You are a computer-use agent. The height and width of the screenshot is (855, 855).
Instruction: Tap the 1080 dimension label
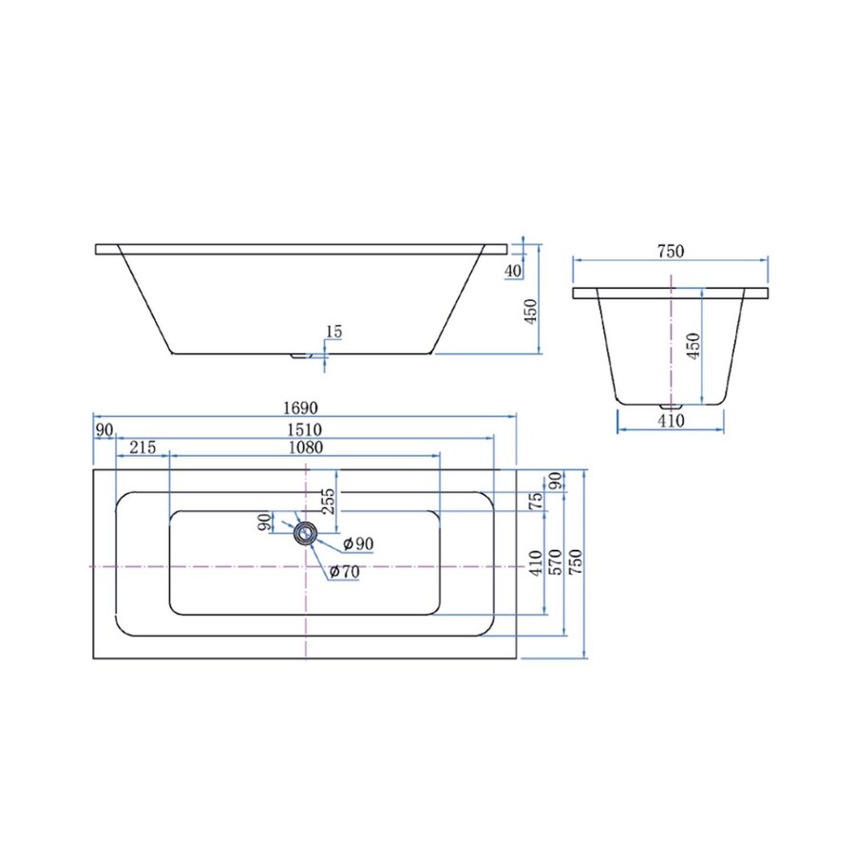pyautogui.click(x=305, y=447)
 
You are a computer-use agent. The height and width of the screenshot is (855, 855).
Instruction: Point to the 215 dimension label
pyautogui.click(x=142, y=447)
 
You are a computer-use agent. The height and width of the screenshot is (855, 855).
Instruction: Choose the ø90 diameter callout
pyautogui.click(x=358, y=543)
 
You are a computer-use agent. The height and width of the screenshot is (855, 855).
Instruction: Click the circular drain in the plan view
pyautogui.click(x=305, y=533)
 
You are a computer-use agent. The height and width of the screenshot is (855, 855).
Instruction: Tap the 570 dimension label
pyautogui.click(x=557, y=561)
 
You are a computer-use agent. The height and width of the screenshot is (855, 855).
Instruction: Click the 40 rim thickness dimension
pyautogui.click(x=514, y=271)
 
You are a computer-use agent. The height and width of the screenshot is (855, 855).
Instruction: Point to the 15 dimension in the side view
pyautogui.click(x=333, y=332)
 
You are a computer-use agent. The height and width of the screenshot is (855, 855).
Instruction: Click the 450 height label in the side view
pyautogui.click(x=532, y=310)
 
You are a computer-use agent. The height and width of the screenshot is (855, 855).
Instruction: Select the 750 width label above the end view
pyautogui.click(x=671, y=251)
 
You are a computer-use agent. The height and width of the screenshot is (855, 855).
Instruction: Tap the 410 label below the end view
pyautogui.click(x=671, y=422)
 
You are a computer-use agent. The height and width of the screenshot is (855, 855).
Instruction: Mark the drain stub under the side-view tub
pyautogui.click(x=301, y=356)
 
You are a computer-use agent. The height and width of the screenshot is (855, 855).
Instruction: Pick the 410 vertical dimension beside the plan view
pyautogui.click(x=537, y=562)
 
